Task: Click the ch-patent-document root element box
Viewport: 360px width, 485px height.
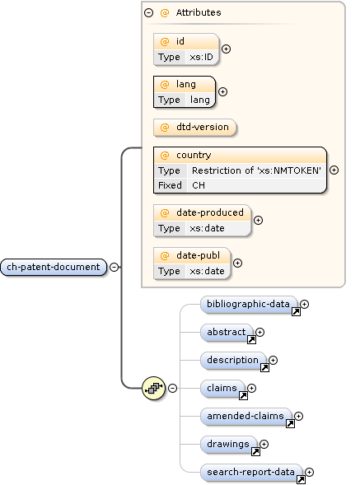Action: click(x=54, y=267)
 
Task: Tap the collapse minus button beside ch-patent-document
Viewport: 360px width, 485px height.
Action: click(x=115, y=267)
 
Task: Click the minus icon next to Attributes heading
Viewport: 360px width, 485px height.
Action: click(x=148, y=13)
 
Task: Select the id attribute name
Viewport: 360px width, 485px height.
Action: click(x=180, y=41)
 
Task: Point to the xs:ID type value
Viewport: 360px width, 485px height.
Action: click(x=202, y=57)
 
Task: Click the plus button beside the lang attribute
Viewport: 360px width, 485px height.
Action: click(x=222, y=91)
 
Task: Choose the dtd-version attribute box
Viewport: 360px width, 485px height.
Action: click(x=194, y=128)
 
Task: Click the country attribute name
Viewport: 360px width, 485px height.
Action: click(x=194, y=155)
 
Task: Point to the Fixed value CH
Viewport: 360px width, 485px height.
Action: click(x=199, y=185)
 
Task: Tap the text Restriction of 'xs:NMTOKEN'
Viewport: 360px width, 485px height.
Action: click(x=256, y=170)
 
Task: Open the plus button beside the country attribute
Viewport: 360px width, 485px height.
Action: click(x=334, y=170)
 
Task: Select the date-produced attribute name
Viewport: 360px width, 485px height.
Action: click(x=209, y=212)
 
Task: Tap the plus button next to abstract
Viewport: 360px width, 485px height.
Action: click(x=260, y=332)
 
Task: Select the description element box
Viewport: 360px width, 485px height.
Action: click(x=233, y=360)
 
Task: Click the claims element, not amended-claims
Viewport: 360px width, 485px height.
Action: click(x=222, y=388)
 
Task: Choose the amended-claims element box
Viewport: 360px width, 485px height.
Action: click(x=245, y=417)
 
